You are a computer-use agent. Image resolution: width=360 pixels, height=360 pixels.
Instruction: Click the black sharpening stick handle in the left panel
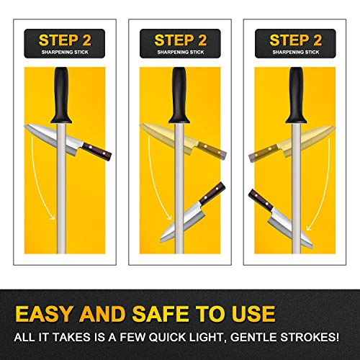(61, 95)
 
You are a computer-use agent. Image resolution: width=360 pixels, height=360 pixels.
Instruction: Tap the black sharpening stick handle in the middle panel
(179, 95)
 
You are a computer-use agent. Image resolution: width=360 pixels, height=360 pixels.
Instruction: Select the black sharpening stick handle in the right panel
(296, 95)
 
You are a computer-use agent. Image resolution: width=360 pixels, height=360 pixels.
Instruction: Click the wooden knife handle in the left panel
(97, 152)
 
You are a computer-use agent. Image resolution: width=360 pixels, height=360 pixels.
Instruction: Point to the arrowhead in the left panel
(52, 217)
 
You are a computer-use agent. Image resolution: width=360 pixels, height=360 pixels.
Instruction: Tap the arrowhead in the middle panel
(168, 217)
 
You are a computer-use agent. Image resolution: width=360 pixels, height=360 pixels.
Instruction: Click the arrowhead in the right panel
(310, 227)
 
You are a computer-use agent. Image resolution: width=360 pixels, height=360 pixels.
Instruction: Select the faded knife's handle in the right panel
(264, 153)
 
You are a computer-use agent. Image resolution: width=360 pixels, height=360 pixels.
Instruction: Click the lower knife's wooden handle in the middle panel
(212, 194)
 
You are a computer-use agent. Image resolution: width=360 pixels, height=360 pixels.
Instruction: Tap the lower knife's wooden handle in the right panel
(261, 200)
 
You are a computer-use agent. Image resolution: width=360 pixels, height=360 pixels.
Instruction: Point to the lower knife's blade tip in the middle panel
(161, 240)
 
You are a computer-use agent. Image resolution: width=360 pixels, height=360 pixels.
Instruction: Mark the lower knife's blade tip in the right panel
(312, 247)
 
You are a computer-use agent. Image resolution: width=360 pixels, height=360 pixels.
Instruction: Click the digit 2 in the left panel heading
(87, 40)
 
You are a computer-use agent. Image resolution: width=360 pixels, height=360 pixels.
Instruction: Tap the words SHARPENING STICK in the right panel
(296, 52)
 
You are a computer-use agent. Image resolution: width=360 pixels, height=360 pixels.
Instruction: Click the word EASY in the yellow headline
(44, 314)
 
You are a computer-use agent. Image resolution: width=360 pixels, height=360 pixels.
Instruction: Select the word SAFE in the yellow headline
(160, 314)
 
